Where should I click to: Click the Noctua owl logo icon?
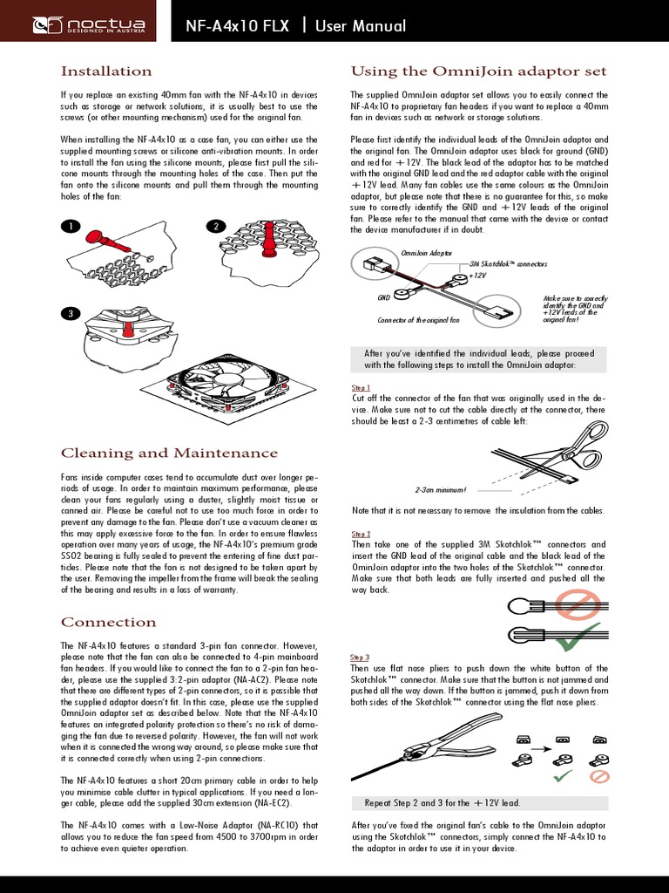44,25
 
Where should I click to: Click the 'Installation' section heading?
105,71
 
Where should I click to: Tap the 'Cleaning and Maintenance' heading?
169,453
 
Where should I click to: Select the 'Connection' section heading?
108,622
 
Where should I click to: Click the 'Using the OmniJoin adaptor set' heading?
478,71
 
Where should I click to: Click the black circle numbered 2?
214,227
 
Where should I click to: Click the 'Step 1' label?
361,387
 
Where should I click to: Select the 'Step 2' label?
361,534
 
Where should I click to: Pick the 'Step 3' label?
361,657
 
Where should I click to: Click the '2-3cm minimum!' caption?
441,490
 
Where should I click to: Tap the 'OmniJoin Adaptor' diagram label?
426,252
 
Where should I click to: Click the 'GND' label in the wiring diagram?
383,297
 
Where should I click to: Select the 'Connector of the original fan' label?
418,321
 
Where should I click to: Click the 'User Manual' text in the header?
361,26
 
